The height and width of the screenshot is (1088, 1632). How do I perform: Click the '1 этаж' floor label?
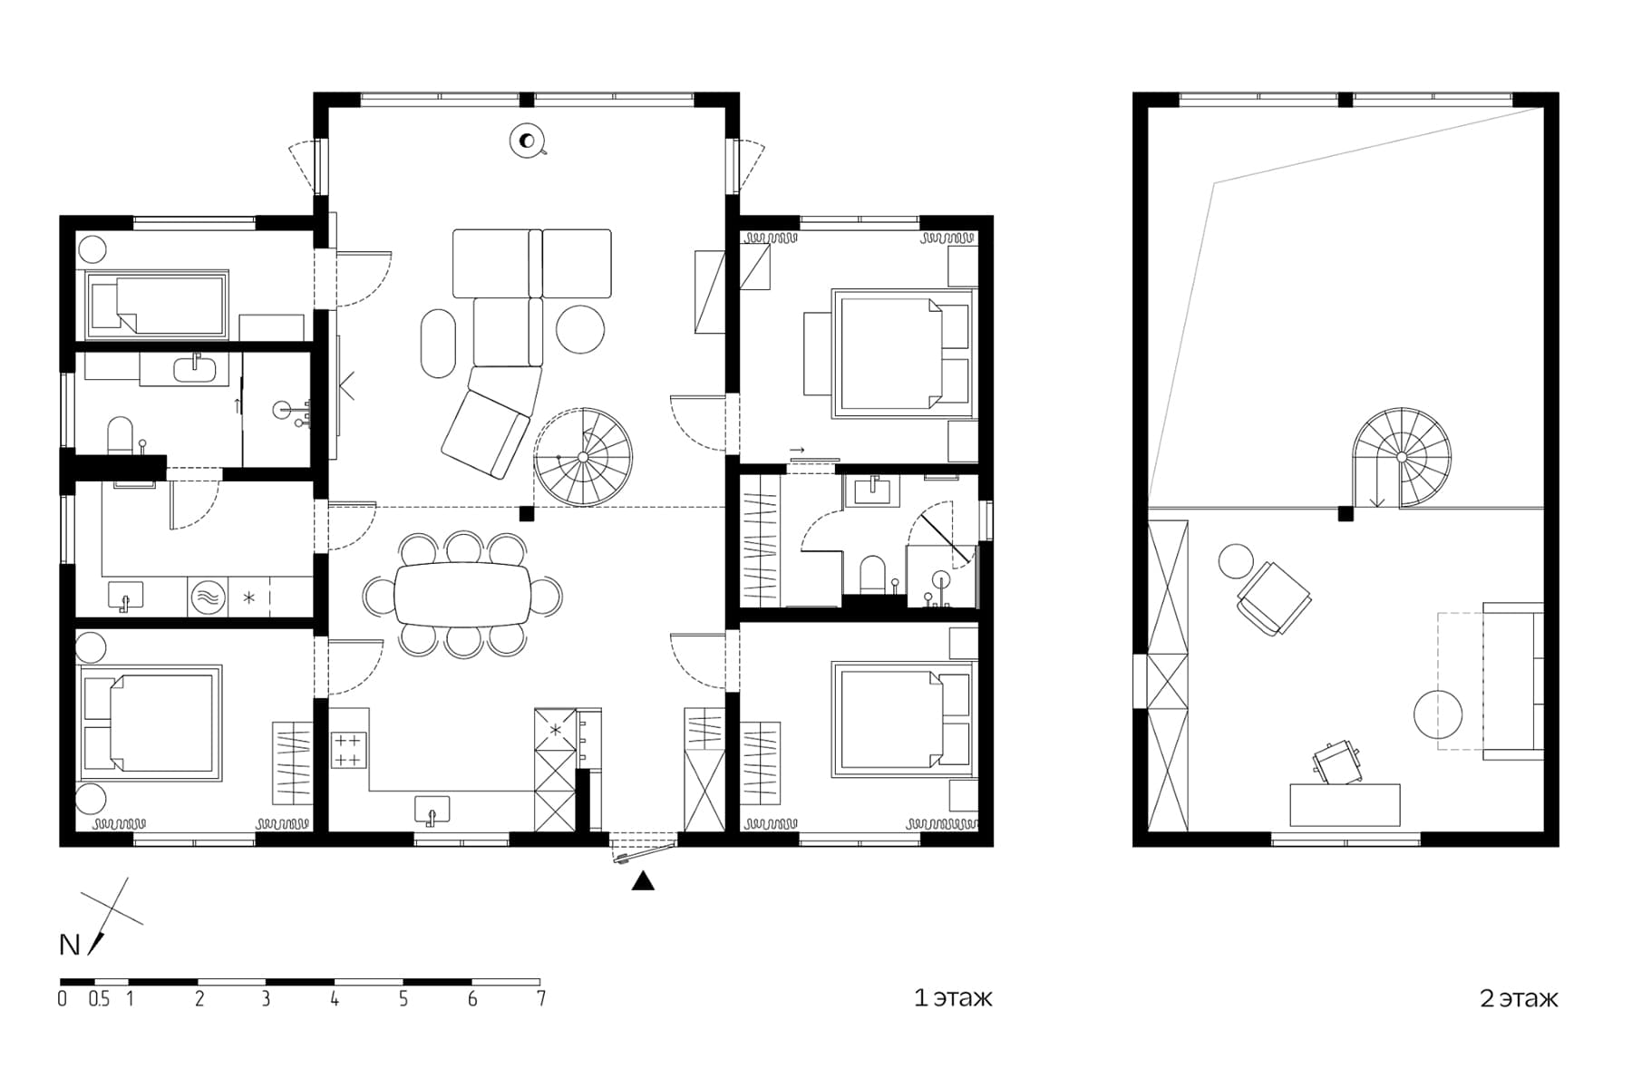pyautogui.click(x=953, y=998)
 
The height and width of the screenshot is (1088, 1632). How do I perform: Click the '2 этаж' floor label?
pyautogui.click(x=1519, y=998)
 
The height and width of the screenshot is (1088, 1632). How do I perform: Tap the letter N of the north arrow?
pyautogui.click(x=70, y=945)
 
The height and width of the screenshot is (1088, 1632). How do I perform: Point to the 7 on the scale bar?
pyautogui.click(x=541, y=999)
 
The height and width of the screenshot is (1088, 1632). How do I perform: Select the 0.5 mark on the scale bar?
pyautogui.click(x=99, y=999)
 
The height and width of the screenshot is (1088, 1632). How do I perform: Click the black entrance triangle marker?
pyautogui.click(x=643, y=880)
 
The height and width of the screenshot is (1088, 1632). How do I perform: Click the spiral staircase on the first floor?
pyautogui.click(x=583, y=457)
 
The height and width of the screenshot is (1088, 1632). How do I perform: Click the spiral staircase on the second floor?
pyautogui.click(x=1402, y=456)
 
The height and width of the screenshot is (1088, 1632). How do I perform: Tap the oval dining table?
pyautogui.click(x=463, y=594)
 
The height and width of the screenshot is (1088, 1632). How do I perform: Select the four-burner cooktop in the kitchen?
pyautogui.click(x=348, y=750)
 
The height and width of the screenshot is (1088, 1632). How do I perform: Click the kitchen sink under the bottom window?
pyautogui.click(x=432, y=809)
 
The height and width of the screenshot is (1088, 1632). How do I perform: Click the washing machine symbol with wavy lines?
pyautogui.click(x=208, y=598)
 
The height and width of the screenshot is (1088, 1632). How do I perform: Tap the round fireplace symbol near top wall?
pyautogui.click(x=526, y=141)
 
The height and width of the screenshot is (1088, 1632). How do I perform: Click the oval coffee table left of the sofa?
pyautogui.click(x=439, y=343)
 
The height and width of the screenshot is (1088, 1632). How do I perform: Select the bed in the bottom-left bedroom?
pyautogui.click(x=151, y=723)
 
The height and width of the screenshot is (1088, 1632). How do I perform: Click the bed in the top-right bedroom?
pyautogui.click(x=903, y=354)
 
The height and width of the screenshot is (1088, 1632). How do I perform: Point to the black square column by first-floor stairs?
pyautogui.click(x=527, y=514)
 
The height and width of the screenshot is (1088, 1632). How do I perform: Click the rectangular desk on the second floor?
pyautogui.click(x=1345, y=805)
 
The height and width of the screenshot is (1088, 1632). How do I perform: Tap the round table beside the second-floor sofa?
pyautogui.click(x=1437, y=714)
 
